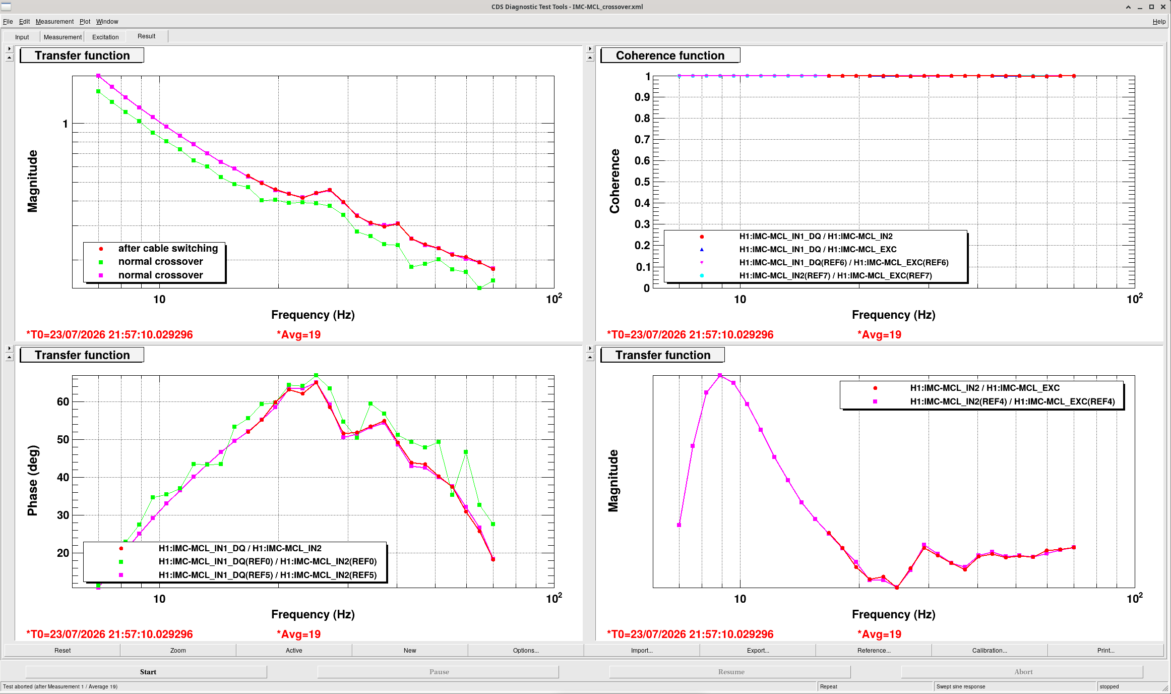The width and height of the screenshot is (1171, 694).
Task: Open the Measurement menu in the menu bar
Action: click(x=54, y=22)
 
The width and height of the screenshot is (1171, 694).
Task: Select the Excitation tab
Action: click(x=105, y=37)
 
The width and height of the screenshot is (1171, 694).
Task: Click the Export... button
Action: click(x=758, y=650)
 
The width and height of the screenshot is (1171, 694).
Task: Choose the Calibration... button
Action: click(x=990, y=650)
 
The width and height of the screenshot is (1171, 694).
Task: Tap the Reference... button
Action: click(x=874, y=650)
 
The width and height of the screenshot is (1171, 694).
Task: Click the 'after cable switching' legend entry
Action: click(x=168, y=248)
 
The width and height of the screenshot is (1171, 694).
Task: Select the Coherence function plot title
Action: click(x=670, y=55)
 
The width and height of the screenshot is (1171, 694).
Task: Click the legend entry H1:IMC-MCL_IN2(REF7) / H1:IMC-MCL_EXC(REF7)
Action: click(x=836, y=275)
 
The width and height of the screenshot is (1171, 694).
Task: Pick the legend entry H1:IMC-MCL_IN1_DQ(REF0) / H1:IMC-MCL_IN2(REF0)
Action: click(x=268, y=561)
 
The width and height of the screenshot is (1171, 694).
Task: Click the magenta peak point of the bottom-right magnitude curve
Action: click(x=720, y=375)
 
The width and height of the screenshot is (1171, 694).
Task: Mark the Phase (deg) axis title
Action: click(x=32, y=481)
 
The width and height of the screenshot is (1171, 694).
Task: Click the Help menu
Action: click(x=1159, y=22)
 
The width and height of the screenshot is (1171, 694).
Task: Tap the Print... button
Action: click(x=1105, y=650)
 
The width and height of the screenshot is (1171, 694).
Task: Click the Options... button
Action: click(x=526, y=650)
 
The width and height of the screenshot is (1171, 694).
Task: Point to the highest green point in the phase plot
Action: click(x=316, y=375)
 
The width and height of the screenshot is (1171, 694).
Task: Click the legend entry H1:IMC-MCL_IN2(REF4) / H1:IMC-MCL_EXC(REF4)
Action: click(x=1012, y=401)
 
